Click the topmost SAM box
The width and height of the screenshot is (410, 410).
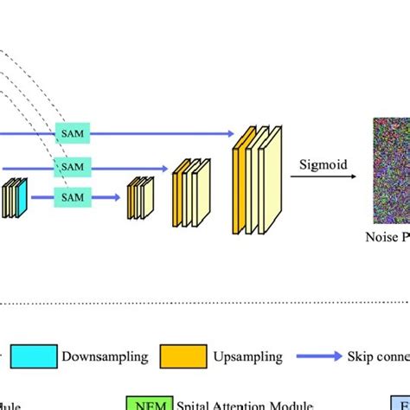click(73, 134)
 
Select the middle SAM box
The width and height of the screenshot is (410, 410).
click(73, 166)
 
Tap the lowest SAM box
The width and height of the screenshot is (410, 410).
click(73, 198)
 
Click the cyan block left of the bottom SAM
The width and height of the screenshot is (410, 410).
click(22, 198)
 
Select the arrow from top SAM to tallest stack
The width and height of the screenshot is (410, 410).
click(164, 134)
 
